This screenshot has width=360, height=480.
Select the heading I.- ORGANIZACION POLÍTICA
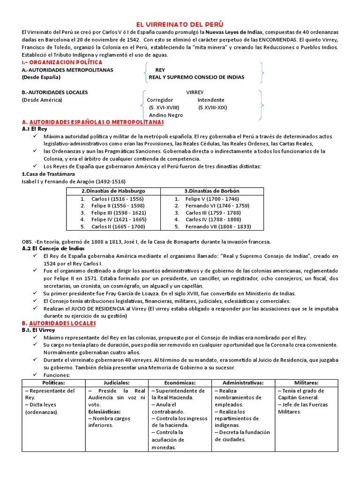pos(56,62)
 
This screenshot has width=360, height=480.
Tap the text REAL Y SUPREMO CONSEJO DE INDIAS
pos(196,77)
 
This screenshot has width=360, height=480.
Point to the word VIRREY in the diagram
pos(195,92)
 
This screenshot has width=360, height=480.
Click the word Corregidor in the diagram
pos(160,100)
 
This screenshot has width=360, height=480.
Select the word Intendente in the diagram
pos(211,100)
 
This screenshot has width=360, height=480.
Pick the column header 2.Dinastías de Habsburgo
pos(113,191)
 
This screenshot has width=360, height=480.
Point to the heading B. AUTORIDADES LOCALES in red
pos(59,323)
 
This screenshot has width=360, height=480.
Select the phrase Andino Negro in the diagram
pos(166,115)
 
